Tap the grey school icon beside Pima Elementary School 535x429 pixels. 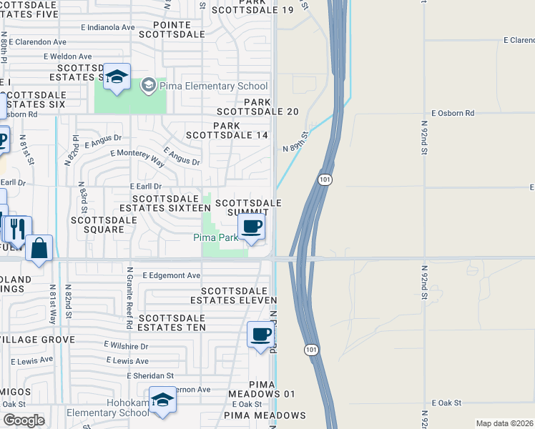pos(148,86)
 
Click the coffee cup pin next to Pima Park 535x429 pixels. pos(251,228)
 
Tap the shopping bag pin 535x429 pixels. pos(39,249)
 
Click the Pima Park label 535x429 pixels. pos(215,237)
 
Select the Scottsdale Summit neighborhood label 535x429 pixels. pos(247,208)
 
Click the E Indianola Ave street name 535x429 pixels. pos(107,27)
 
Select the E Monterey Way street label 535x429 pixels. pos(137,157)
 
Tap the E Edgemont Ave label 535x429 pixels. pos(172,275)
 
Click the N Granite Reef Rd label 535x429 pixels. pos(129,298)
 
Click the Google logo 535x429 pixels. pos(23,420)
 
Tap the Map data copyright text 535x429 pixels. pos(504,423)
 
